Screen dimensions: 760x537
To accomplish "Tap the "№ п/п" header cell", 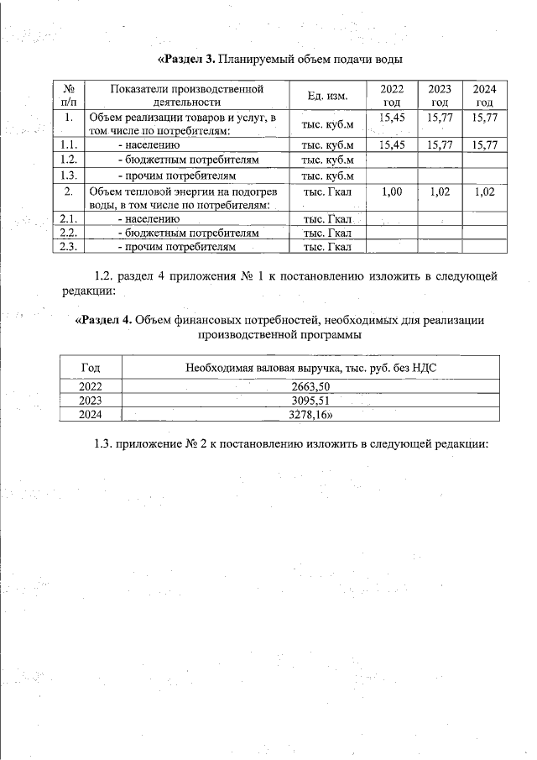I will click(x=70, y=96).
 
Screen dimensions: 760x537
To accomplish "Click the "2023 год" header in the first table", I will click(x=440, y=96).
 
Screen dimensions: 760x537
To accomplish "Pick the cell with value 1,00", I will click(x=392, y=191).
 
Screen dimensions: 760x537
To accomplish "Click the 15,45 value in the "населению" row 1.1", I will click(x=392, y=145).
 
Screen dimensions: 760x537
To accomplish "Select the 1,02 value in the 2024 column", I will click(x=484, y=191).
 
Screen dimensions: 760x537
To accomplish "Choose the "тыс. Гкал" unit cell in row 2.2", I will click(x=327, y=233).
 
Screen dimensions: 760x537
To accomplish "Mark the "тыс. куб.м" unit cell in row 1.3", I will click(x=328, y=176).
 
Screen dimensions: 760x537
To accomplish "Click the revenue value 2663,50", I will click(x=311, y=387).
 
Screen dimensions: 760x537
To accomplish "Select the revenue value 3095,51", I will click(x=311, y=401).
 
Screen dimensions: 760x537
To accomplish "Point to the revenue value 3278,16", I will click(x=311, y=414).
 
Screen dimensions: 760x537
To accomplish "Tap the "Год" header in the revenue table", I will click(x=90, y=368).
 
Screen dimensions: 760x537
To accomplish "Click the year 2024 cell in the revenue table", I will click(x=90, y=414).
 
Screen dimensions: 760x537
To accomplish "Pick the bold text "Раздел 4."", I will click(x=103, y=320).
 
